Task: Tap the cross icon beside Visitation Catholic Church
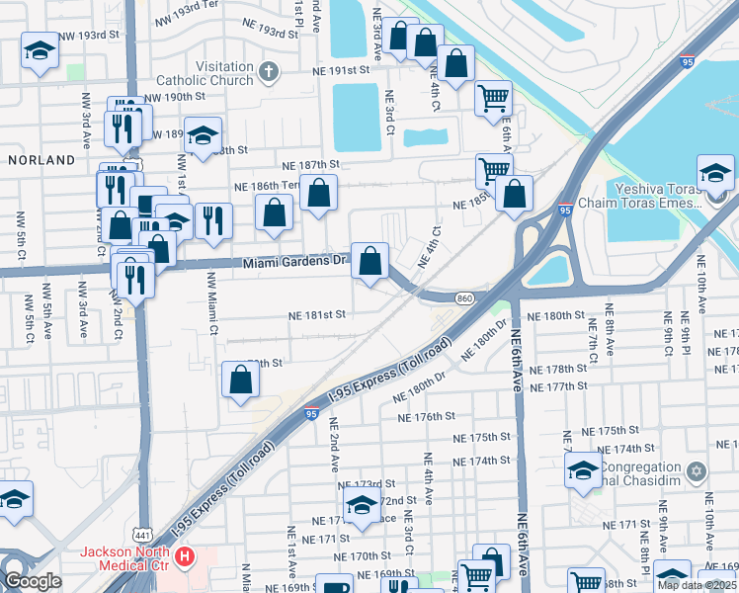pyautogui.click(x=268, y=71)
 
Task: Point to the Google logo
pyautogui.click(x=33, y=581)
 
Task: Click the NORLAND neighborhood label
pyautogui.click(x=41, y=159)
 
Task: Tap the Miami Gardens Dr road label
pyautogui.click(x=296, y=263)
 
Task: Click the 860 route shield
pyautogui.click(x=466, y=297)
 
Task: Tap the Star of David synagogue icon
pyautogui.click(x=697, y=469)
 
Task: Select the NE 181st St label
pyautogui.click(x=316, y=315)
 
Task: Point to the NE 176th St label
pyautogui.click(x=426, y=417)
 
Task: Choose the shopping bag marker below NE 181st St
pyautogui.click(x=240, y=380)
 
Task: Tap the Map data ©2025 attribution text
pyautogui.click(x=698, y=585)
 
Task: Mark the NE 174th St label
pyautogui.click(x=481, y=462)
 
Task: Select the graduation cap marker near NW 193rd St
pyautogui.click(x=40, y=53)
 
